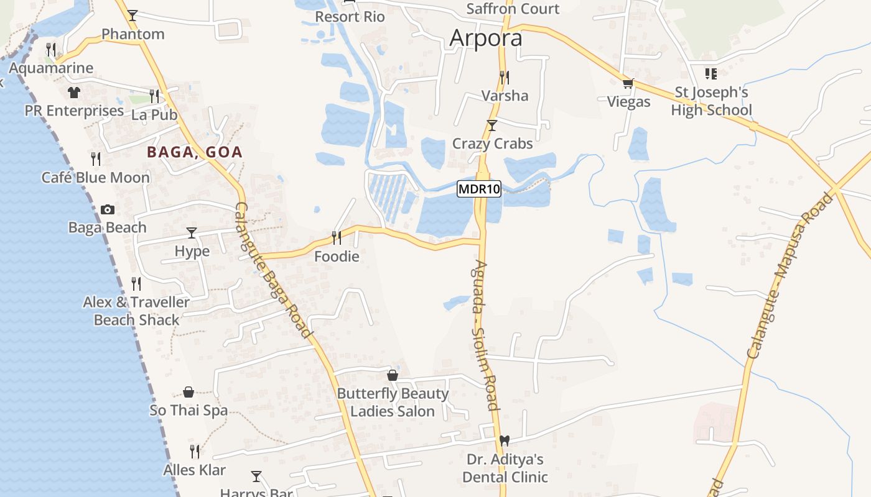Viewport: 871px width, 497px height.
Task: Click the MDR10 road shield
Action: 479,189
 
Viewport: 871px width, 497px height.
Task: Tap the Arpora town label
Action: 486,38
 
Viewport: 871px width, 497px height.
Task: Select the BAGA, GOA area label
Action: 195,152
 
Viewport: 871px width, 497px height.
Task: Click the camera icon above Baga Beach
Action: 108,210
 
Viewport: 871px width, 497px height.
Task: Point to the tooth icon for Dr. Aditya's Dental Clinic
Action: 505,440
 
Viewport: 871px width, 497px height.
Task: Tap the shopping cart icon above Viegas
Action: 628,83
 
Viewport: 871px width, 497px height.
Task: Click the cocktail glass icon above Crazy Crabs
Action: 492,125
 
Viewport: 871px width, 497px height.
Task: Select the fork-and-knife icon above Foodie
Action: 337,237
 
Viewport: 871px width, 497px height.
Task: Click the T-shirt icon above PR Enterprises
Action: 74,93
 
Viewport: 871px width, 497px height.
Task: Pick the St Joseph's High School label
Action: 712,101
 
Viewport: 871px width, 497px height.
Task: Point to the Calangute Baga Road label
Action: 272,270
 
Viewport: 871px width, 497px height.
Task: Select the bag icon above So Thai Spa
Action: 189,392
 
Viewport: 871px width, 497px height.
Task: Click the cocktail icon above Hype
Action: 192,233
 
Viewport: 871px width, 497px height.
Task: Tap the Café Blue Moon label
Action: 96,178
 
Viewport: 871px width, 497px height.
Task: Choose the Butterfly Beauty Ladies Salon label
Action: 393,403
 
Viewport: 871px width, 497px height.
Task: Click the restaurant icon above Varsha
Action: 505,78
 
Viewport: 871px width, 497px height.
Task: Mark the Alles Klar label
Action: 195,470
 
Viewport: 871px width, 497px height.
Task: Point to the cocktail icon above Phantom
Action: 133,15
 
